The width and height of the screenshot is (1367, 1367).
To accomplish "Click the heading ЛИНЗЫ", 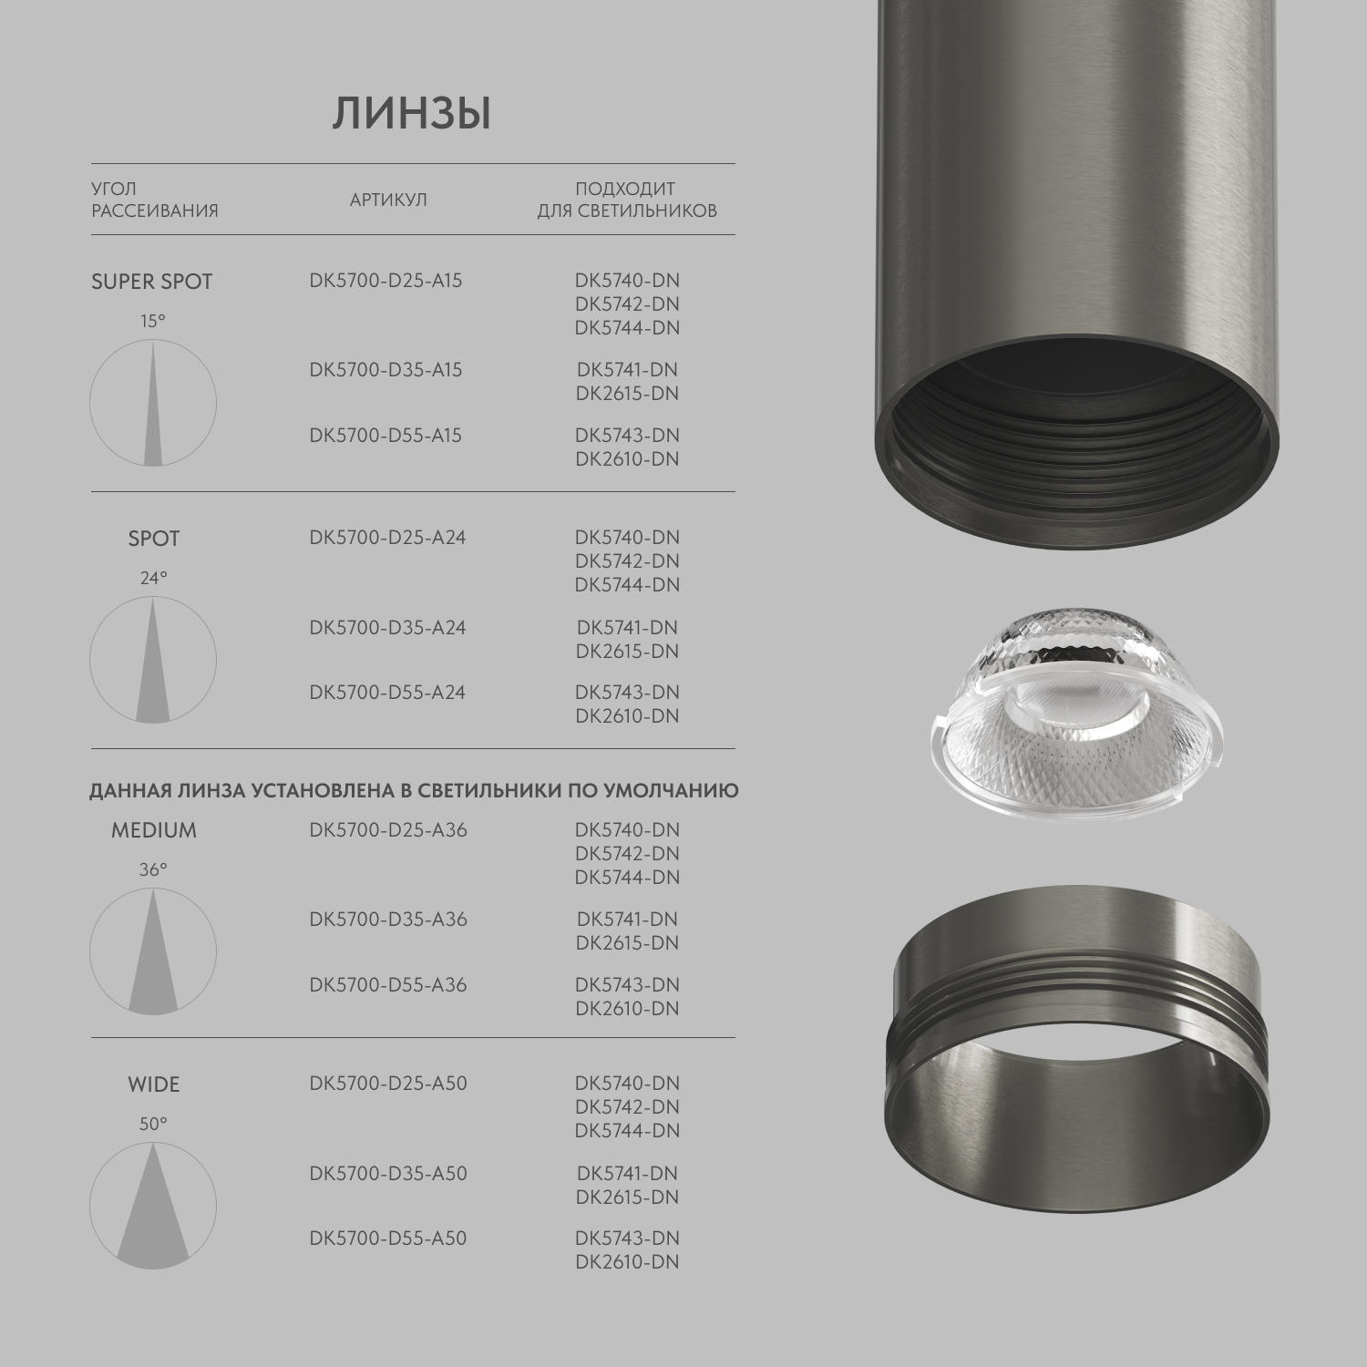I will click(412, 115).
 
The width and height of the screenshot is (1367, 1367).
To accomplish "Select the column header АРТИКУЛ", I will click(388, 200).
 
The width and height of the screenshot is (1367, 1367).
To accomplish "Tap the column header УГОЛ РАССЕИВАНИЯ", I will click(154, 200).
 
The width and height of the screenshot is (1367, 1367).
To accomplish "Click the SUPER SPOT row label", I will click(151, 282).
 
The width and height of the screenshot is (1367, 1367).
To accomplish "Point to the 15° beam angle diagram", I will click(153, 403).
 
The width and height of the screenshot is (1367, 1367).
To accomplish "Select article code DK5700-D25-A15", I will click(385, 280).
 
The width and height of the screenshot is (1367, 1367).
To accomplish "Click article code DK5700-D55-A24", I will click(387, 692).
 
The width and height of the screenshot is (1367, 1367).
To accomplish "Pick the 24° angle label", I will click(153, 578).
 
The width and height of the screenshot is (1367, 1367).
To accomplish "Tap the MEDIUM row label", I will click(153, 830).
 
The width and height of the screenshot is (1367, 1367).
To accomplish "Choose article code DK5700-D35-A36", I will click(388, 919).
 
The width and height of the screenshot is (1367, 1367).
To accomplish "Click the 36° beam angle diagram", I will click(153, 952).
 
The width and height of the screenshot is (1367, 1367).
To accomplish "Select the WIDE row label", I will click(153, 1084).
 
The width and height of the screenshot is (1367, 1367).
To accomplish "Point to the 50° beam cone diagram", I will click(153, 1206).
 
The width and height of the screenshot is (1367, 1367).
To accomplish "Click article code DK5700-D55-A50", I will click(388, 1238).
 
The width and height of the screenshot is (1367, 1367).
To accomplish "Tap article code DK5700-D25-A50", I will click(388, 1083).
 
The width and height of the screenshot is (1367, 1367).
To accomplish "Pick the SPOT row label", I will click(153, 539).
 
